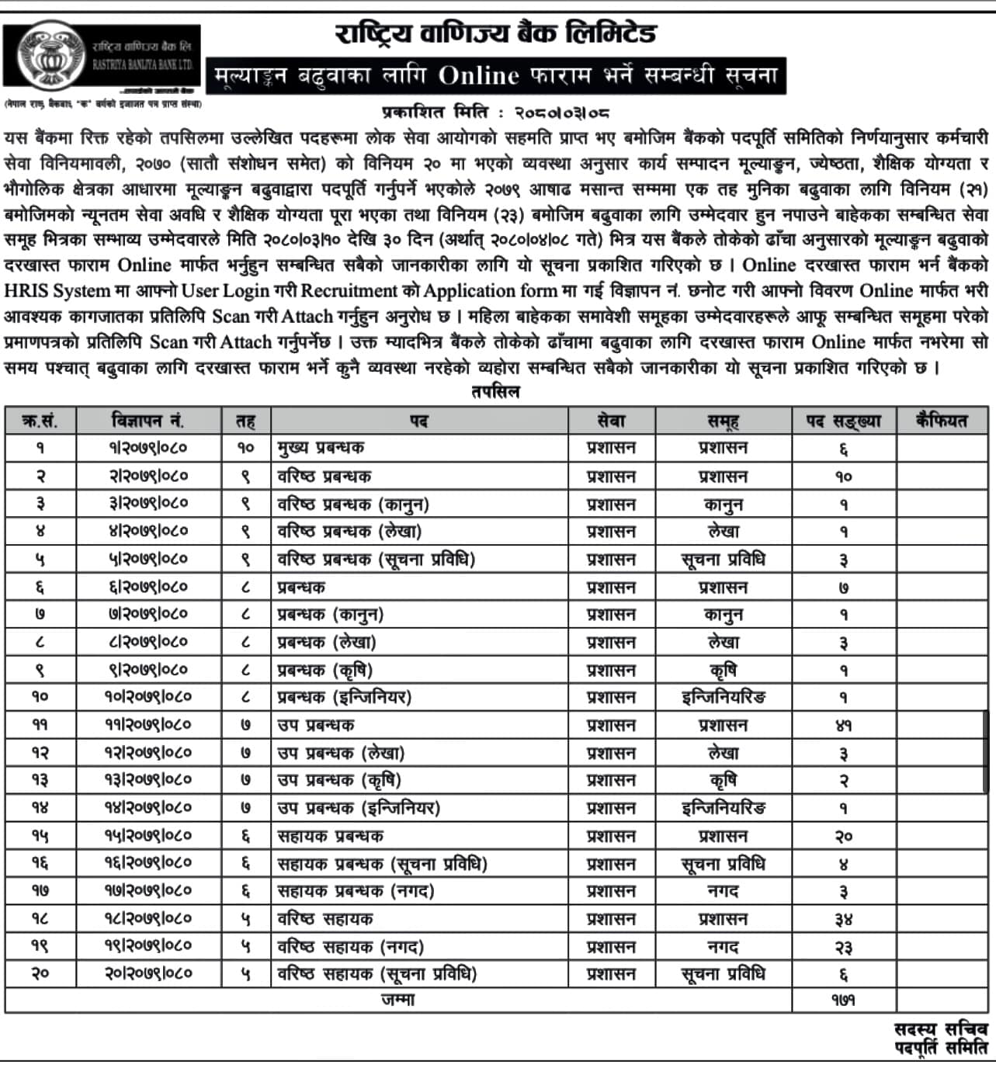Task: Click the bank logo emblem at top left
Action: pyautogui.click(x=52, y=54)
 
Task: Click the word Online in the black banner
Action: pyautogui.click(x=477, y=75)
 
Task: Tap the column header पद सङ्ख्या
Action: pyautogui.click(x=843, y=421)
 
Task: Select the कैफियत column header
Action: pyautogui.click(x=942, y=421)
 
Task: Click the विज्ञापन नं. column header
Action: pyautogui.click(x=147, y=421)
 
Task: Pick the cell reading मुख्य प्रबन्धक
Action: pyautogui.click(x=321, y=448)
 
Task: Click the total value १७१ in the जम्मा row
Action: pyautogui.click(x=843, y=1000)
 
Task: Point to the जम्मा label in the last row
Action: pyautogui.click(x=397, y=1000)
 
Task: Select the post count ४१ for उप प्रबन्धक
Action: pyautogui.click(x=843, y=726)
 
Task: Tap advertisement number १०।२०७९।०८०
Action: pyautogui.click(x=147, y=697)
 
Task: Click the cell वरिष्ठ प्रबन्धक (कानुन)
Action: pyautogui.click(x=353, y=505)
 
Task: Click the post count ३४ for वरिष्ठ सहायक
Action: pyautogui.click(x=843, y=920)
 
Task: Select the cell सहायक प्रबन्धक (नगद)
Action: pyautogui.click(x=356, y=892)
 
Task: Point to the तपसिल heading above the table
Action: pyautogui.click(x=495, y=392)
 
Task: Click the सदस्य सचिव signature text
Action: pyautogui.click(x=940, y=1029)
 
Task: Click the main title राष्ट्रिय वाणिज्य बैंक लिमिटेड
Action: pyautogui.click(x=495, y=33)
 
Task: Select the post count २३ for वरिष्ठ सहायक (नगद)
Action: pyautogui.click(x=843, y=948)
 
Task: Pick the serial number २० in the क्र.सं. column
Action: pyautogui.click(x=40, y=974)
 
